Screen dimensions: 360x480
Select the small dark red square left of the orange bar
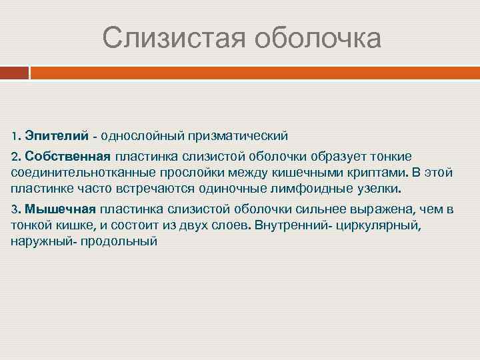tap(14, 72)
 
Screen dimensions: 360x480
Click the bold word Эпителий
tap(57, 136)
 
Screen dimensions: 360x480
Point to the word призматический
tap(236, 136)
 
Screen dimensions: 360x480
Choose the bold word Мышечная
tap(61, 209)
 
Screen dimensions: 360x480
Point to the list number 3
tap(15, 209)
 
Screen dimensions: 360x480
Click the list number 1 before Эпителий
tap(15, 136)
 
